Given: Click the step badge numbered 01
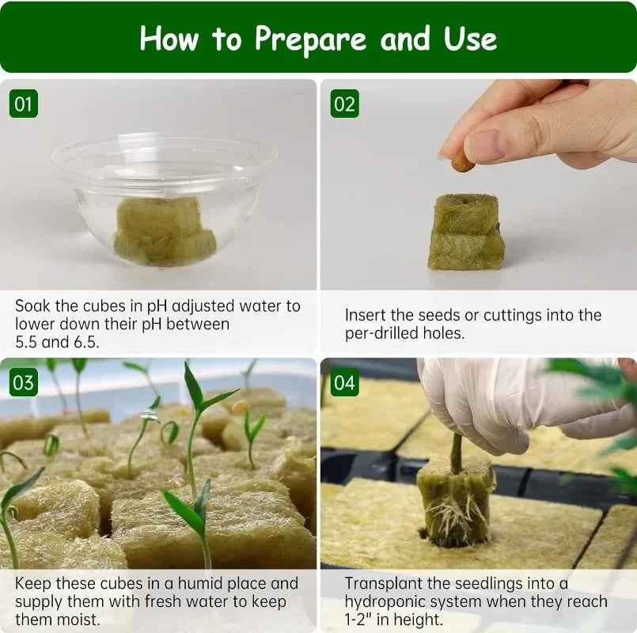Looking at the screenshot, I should coord(24,104).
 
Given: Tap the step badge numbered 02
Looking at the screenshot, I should coord(345,104).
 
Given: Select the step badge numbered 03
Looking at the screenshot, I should coord(24,383).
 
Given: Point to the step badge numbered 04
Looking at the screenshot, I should coord(345,383).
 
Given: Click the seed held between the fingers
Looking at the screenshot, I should coord(462,162).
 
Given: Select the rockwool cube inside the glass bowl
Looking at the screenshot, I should coord(165,231).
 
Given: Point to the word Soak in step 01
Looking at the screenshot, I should coord(33,305).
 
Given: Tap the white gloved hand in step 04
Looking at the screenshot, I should coord(506,400).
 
